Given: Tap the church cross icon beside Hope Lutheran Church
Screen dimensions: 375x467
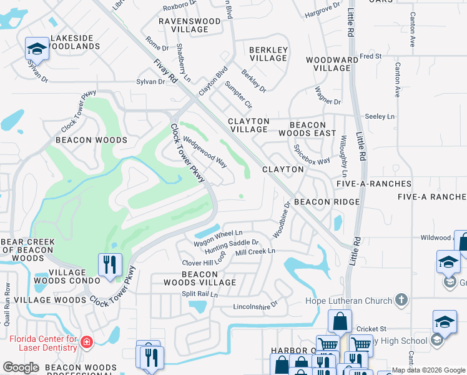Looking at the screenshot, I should click(401, 301).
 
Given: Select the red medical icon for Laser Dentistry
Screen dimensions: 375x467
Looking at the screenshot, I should click(86, 342).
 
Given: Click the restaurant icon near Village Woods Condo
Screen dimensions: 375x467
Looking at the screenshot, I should click(109, 264).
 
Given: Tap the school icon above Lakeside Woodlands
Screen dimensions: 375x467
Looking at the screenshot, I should click(37, 49).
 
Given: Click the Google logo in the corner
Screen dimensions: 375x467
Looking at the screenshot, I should click(21, 367).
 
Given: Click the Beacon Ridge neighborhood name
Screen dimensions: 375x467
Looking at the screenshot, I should click(327, 202).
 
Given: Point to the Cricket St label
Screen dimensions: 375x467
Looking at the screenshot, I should click(371, 329).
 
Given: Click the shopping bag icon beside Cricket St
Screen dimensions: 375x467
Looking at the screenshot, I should click(339, 322).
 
